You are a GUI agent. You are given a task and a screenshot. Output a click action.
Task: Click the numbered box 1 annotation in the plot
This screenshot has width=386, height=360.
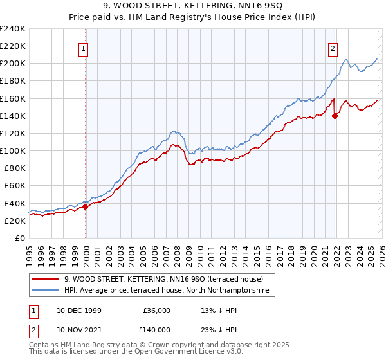pyautogui.click(x=85, y=47)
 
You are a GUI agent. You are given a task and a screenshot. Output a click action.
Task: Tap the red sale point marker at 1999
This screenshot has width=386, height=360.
pyautogui.click(x=86, y=206)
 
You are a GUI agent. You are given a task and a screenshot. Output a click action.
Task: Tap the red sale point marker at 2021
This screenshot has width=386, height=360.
pyautogui.click(x=335, y=116)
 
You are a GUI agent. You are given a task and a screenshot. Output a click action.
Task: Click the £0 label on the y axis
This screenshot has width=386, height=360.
pyautogui.click(x=20, y=238)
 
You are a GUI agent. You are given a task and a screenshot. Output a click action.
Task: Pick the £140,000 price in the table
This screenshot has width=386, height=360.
pyautogui.click(x=156, y=329)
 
